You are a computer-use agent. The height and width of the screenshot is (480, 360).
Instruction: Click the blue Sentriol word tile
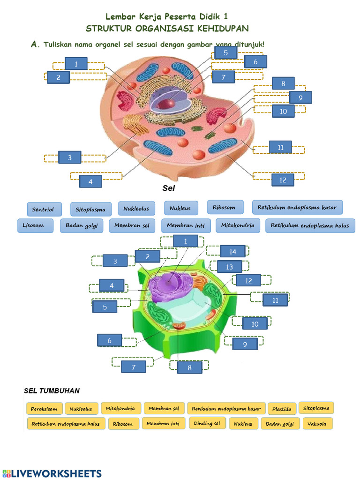click(x=44, y=209)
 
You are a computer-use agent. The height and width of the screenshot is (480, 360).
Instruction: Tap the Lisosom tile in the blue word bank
click(x=33, y=225)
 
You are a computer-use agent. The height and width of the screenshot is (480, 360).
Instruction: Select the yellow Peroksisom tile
click(x=44, y=409)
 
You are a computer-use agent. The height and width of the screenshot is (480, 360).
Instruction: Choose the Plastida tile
click(x=282, y=409)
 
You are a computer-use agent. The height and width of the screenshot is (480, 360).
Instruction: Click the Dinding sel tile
click(x=207, y=423)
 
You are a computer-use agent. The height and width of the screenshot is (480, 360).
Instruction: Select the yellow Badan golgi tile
click(x=279, y=424)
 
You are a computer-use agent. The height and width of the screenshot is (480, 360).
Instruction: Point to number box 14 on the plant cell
click(x=232, y=252)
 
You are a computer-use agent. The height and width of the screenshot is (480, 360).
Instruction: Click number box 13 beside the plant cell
click(x=229, y=267)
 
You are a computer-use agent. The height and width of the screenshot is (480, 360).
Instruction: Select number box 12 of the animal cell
click(x=282, y=180)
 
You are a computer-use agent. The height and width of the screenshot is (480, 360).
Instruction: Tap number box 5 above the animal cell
click(x=226, y=53)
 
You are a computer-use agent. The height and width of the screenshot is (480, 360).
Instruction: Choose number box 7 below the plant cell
click(x=133, y=367)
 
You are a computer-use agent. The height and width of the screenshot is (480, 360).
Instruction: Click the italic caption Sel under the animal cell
click(x=168, y=188)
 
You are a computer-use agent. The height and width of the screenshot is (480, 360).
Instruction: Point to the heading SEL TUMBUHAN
click(x=52, y=390)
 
